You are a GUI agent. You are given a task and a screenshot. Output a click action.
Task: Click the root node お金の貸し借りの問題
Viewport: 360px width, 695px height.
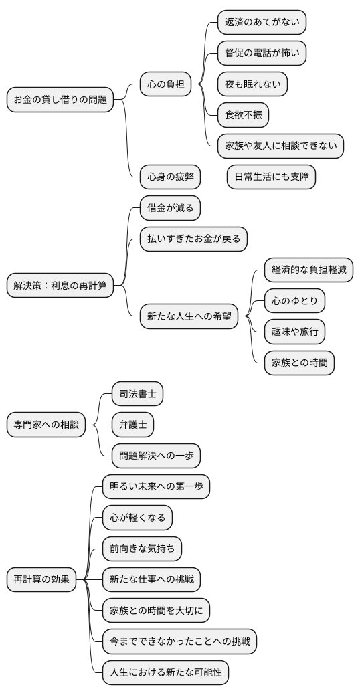[60, 99]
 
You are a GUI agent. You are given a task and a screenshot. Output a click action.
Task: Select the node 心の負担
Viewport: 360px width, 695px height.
[165, 84]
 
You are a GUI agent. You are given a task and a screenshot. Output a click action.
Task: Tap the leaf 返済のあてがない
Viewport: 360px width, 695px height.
[262, 22]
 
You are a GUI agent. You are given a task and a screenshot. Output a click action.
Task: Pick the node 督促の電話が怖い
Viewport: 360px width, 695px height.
[262, 53]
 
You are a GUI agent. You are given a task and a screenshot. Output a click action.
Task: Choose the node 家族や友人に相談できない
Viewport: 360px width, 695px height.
[281, 146]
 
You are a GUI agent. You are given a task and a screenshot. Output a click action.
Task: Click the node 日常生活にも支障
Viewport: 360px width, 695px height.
[271, 177]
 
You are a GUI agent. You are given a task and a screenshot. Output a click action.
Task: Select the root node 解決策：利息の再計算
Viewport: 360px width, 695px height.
[60, 286]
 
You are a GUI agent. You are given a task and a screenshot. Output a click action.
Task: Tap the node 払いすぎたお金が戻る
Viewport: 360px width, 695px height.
[193, 239]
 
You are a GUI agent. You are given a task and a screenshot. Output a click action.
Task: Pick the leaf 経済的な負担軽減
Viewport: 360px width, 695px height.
[308, 270]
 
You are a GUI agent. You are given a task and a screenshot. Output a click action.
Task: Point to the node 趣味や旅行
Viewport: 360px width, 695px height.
[295, 332]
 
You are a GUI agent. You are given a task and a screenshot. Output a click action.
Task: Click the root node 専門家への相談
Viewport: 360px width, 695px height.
[46, 425]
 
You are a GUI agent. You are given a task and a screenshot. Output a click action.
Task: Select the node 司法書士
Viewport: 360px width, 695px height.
[137, 394]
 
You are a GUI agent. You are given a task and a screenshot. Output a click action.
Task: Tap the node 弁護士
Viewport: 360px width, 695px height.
[132, 425]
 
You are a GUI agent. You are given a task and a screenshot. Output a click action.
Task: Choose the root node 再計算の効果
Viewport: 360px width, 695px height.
[41, 579]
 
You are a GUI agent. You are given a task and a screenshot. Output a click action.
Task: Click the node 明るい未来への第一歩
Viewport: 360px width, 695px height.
[156, 486]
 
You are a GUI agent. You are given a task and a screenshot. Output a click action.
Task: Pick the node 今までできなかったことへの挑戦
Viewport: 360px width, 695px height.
[179, 641]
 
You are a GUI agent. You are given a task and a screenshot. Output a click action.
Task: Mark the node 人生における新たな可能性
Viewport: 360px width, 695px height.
[165, 672]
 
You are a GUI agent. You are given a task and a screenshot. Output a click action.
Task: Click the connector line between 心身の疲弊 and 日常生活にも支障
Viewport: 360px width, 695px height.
[214, 177]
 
